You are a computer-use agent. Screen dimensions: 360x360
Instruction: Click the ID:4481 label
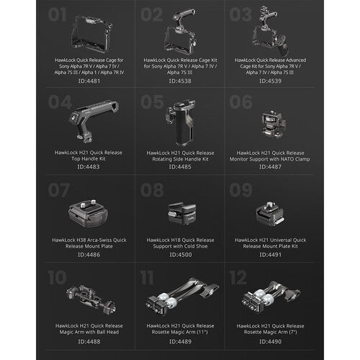90,81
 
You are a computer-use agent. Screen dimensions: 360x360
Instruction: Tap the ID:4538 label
180,81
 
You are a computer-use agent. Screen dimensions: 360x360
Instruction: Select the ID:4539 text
270,81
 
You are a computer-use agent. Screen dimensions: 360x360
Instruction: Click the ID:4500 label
180,254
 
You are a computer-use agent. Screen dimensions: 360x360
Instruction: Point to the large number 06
242,103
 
